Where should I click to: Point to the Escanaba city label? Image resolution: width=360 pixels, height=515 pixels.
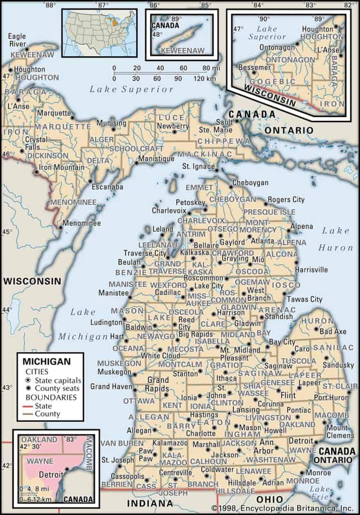click(x=107, y=187)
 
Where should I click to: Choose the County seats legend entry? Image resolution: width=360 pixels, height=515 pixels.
click(x=53, y=389)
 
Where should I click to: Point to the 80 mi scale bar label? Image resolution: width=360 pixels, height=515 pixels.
click(x=206, y=68)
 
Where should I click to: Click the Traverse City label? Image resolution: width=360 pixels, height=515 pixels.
click(x=145, y=253)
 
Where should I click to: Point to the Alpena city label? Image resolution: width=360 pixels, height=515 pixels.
click(x=302, y=226)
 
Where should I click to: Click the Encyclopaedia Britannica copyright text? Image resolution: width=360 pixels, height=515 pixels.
click(x=283, y=508)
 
